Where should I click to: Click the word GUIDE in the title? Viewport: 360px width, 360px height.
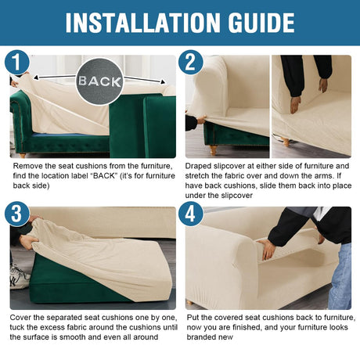pos(261,23)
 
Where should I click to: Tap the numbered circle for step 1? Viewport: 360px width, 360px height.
pos(16,63)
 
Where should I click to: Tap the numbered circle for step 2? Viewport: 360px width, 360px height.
pos(191,63)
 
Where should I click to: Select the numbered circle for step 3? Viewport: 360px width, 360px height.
pos(16,214)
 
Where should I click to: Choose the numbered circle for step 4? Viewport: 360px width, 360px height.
pos(191,214)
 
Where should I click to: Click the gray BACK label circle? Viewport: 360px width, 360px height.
pos(99,81)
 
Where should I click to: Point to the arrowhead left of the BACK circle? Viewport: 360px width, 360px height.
pos(36,77)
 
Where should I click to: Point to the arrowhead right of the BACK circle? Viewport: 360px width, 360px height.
pos(163,82)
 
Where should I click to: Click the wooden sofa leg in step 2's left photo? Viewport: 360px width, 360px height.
pos(214,150)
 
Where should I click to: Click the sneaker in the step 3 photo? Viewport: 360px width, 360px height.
pos(19,278)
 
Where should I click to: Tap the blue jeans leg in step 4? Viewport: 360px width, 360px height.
pos(340,277)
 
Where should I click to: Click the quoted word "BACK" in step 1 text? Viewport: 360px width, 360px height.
pos(104,176)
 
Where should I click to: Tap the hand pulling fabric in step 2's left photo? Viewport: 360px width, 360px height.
pos(201,120)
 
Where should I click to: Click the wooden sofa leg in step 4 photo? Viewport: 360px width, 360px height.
pos(190,302)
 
